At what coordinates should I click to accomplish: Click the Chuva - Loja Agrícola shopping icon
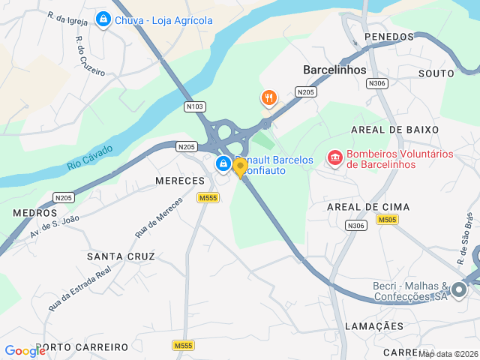click(103, 20)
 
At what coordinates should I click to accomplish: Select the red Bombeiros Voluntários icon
click(334, 158)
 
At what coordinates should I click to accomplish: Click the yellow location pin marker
click(240, 167)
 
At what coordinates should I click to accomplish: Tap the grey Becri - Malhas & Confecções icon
click(459, 289)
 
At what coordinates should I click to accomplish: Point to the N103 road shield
click(195, 107)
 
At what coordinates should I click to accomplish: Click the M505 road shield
click(387, 220)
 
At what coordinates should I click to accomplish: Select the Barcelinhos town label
click(334, 70)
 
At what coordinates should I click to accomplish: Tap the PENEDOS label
click(388, 37)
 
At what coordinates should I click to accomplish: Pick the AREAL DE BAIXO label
click(394, 130)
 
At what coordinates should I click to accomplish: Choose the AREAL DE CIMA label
click(368, 206)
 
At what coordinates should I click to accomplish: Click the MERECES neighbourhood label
click(180, 181)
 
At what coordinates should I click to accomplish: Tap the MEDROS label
click(34, 213)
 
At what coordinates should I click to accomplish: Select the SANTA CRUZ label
click(121, 256)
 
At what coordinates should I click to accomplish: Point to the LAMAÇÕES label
click(374, 326)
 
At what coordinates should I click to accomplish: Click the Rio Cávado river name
click(89, 157)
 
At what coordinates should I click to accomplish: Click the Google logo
click(25, 350)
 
